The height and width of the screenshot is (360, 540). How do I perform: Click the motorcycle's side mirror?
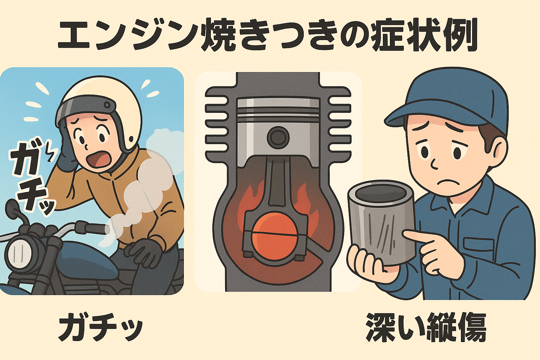click(x=12, y=208)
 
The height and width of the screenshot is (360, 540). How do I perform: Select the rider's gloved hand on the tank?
click(x=144, y=252)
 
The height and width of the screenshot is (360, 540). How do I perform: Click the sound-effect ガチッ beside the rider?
click(x=31, y=177)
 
